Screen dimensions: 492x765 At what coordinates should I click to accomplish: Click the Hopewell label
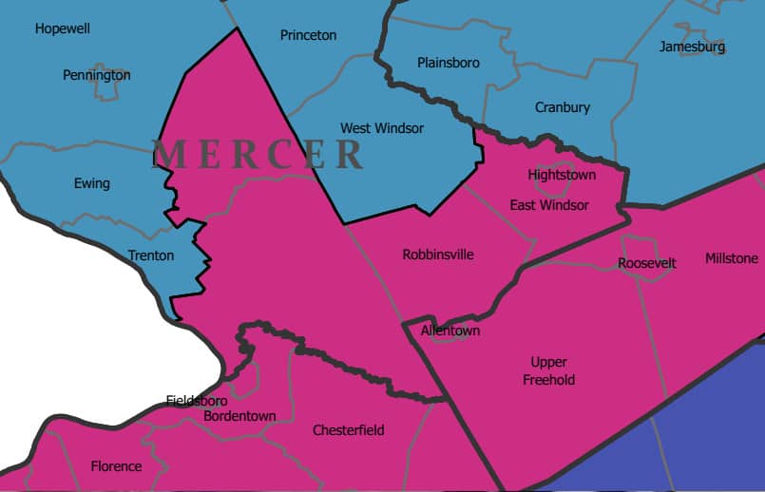click(63, 28)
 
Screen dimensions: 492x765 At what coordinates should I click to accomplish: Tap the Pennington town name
click(97, 75)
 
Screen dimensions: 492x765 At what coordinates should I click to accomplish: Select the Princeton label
click(308, 35)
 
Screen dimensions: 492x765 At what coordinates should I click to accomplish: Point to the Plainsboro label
click(449, 63)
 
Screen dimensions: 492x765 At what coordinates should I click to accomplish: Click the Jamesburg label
click(692, 47)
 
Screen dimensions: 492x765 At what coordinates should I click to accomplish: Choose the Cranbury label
click(563, 107)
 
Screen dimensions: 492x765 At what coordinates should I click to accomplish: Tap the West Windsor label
click(382, 127)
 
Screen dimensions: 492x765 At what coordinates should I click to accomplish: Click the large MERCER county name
click(258, 154)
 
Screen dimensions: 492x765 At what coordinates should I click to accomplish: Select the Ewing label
click(92, 183)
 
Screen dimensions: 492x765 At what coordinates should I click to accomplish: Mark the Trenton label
click(151, 255)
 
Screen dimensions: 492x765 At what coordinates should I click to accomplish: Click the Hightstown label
click(562, 175)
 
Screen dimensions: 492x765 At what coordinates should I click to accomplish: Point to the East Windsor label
click(549, 205)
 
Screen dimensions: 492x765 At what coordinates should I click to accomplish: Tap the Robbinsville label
click(438, 255)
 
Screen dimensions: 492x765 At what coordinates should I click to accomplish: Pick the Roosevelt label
click(646, 262)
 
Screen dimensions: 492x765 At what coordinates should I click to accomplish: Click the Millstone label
click(732, 258)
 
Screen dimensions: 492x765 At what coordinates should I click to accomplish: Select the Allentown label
click(450, 331)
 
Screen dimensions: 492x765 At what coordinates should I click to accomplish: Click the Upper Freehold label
click(549, 370)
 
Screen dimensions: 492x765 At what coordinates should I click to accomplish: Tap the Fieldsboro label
click(197, 400)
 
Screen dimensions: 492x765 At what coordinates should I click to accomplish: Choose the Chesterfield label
click(349, 430)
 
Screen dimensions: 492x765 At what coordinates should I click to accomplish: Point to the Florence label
click(116, 466)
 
